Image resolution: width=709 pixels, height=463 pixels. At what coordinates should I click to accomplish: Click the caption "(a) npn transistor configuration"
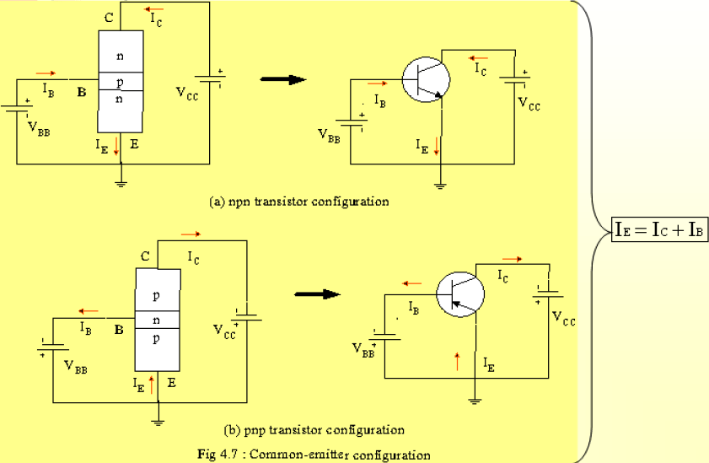click(x=298, y=202)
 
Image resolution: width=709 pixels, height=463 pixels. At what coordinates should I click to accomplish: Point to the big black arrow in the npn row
click(x=282, y=79)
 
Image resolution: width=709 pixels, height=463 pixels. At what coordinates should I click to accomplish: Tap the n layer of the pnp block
click(x=158, y=320)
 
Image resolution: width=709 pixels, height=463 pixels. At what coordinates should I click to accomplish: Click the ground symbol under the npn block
click(x=122, y=180)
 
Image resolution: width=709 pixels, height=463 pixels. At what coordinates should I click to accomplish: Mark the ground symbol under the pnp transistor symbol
click(x=476, y=401)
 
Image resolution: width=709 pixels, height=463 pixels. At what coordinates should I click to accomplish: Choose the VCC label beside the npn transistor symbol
click(x=529, y=105)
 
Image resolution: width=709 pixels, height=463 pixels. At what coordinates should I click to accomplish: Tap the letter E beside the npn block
click(x=134, y=144)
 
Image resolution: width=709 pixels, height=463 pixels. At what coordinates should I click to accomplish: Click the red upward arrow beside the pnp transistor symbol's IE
click(x=457, y=362)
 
